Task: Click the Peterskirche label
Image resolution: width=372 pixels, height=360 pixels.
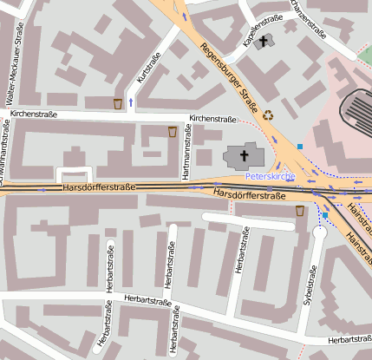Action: pos(270,176)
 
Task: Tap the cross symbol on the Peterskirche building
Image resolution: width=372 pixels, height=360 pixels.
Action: pos(245,157)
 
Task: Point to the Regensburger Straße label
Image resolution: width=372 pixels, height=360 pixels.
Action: pos(227,77)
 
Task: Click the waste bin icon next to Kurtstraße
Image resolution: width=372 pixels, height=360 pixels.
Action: pos(118,104)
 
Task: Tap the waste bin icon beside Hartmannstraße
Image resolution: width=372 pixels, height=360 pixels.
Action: pos(173,132)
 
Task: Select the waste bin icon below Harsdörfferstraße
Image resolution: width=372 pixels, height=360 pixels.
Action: pos(300,210)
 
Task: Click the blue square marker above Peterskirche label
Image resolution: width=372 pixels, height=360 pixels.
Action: pos(300,147)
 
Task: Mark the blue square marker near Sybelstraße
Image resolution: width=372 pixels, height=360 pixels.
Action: pos(325,214)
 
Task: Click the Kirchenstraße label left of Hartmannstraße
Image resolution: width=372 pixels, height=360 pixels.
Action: pos(212,120)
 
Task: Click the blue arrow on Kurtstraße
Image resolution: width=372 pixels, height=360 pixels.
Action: pos(131,102)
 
